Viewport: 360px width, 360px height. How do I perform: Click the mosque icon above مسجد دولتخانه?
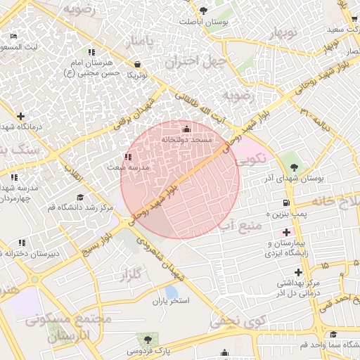click(186, 129)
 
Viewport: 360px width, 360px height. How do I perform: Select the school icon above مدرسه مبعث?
click(127, 157)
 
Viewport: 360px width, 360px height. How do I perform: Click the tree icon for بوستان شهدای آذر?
click(294, 167)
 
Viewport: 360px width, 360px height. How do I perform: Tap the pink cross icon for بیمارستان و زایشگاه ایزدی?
click(285, 232)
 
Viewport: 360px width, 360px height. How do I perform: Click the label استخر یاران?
click(171, 302)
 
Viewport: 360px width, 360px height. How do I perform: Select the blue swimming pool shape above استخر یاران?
click(171, 291)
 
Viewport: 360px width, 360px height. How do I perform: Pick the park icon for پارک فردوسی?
click(147, 339)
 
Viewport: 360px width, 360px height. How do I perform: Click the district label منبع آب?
click(239, 226)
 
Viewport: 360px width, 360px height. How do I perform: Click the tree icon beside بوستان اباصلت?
click(204, 11)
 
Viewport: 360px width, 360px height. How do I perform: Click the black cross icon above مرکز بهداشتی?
click(299, 271)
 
